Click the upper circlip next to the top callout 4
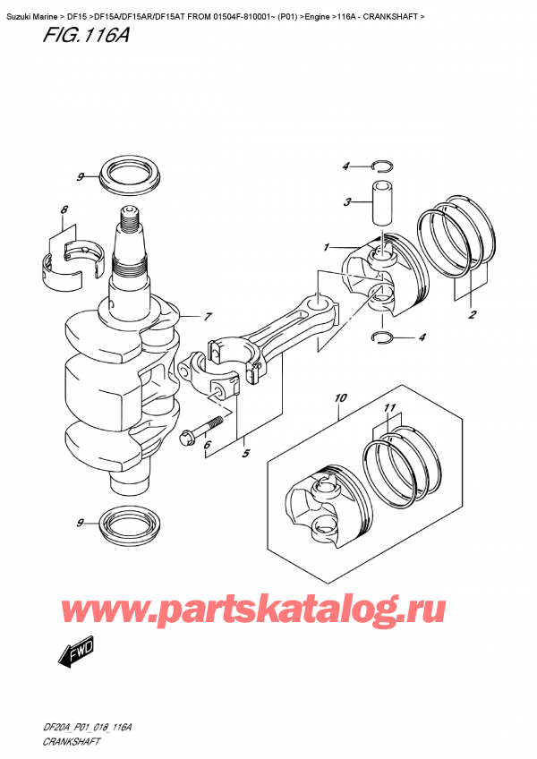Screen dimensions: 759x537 click(380, 165)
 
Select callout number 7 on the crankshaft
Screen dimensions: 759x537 click(208, 317)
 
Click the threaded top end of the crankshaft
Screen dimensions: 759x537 click(127, 217)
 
